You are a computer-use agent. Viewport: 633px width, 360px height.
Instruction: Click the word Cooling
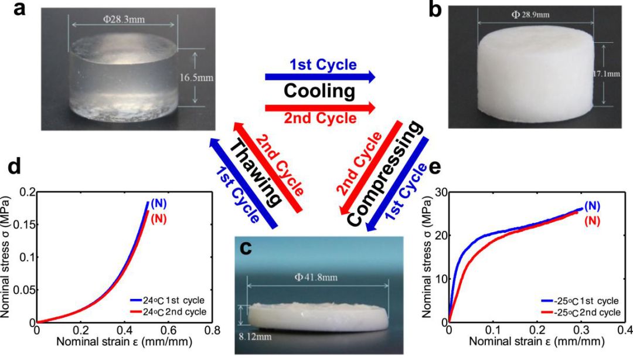(x=319, y=92)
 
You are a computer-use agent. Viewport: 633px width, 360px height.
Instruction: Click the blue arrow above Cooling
(x=320, y=76)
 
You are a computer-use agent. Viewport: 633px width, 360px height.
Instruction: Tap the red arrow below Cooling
(x=320, y=107)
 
